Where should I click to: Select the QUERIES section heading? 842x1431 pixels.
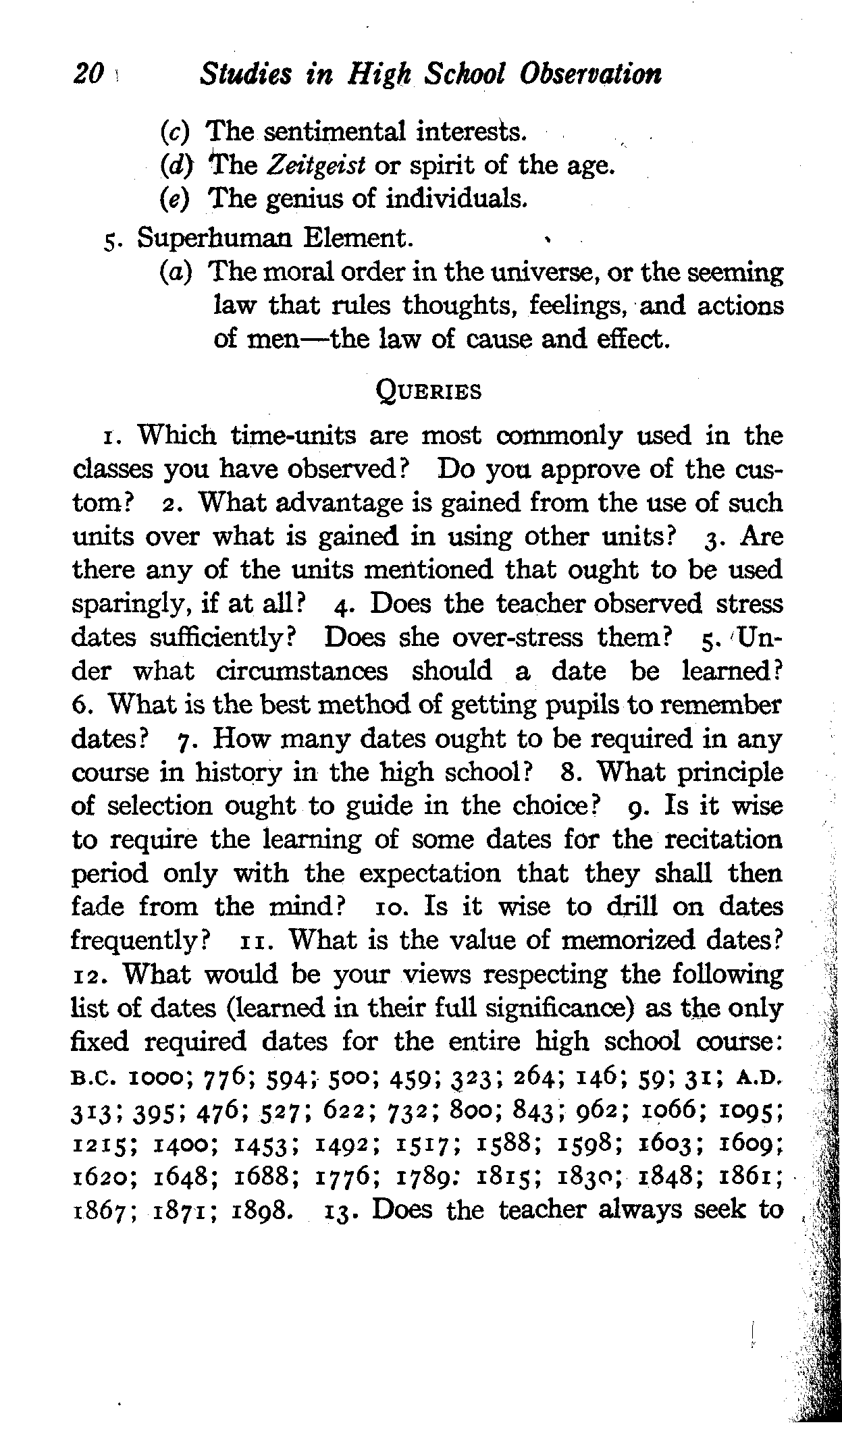tap(428, 391)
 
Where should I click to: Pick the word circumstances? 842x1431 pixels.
tap(302, 672)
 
